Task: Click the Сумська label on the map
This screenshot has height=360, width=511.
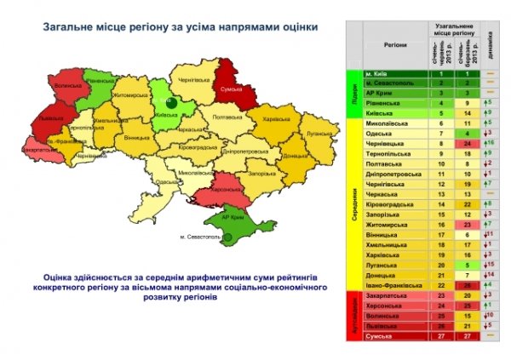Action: point(234,88)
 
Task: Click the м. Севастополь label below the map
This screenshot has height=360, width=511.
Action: point(205,235)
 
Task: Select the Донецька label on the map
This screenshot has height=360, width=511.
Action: point(294,157)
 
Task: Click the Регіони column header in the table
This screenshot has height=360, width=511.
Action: point(394,41)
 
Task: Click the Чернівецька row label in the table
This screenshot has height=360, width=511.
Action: point(390,145)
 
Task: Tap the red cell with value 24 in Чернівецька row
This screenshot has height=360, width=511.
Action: point(468,145)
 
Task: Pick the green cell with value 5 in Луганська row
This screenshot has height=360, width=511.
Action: point(468,265)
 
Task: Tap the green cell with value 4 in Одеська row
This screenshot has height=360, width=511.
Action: point(468,134)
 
